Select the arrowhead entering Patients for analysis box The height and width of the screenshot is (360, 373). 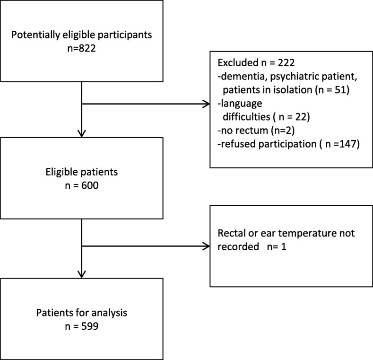[x=82, y=274]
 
